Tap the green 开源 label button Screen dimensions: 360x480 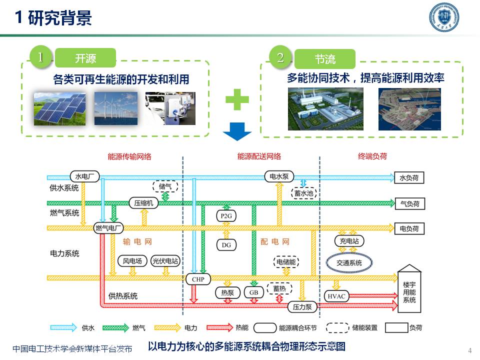[85, 58]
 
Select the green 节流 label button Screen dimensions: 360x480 [325, 59]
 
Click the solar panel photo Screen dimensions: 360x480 [60, 108]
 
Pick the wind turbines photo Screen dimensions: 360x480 [115, 108]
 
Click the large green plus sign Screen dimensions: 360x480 [236, 100]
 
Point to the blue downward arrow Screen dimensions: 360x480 [236, 132]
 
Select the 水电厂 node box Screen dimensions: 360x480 [84, 176]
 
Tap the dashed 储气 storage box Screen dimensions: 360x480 [165, 186]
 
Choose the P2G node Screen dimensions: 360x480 [226, 215]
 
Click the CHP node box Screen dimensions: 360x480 [198, 279]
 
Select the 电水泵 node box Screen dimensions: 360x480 [279, 176]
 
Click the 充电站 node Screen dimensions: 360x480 [349, 241]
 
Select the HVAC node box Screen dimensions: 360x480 [337, 296]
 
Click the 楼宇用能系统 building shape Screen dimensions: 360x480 [409, 290]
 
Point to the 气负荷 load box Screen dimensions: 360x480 [409, 203]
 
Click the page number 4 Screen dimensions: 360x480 [469, 349]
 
